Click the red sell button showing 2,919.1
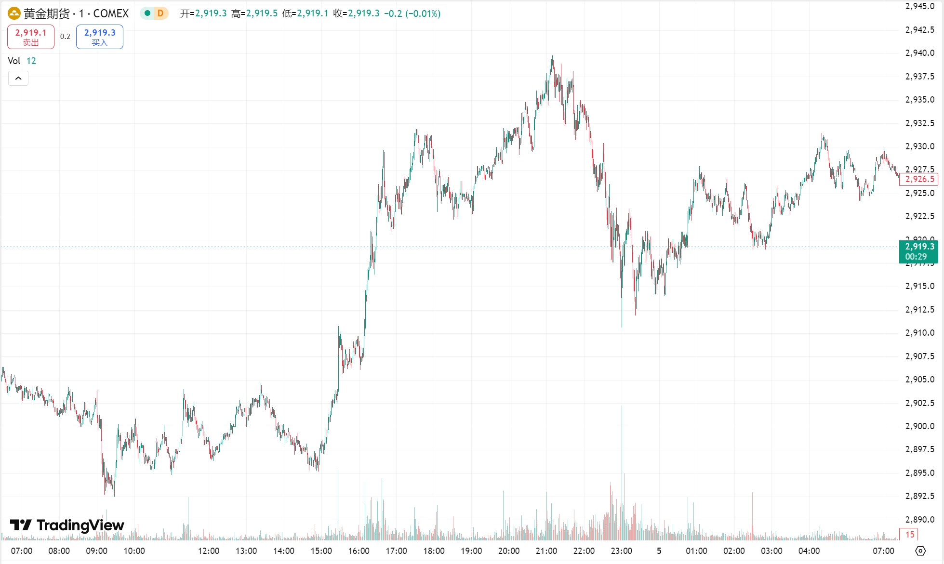click(31, 37)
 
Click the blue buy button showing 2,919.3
click(100, 37)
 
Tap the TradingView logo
click(67, 525)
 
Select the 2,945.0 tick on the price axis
click(919, 6)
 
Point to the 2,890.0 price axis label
click(919, 520)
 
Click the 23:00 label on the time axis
click(621, 551)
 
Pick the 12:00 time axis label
click(209, 551)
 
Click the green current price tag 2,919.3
click(918, 251)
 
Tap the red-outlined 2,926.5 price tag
click(919, 179)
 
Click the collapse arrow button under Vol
click(18, 78)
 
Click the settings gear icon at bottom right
click(920, 551)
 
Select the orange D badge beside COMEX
click(160, 13)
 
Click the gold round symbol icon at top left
click(14, 13)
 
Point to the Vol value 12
click(31, 61)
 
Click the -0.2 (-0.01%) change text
click(412, 13)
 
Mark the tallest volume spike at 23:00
click(622, 433)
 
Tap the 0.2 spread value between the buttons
click(65, 37)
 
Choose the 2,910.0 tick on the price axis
click(919, 333)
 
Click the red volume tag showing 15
click(909, 534)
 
